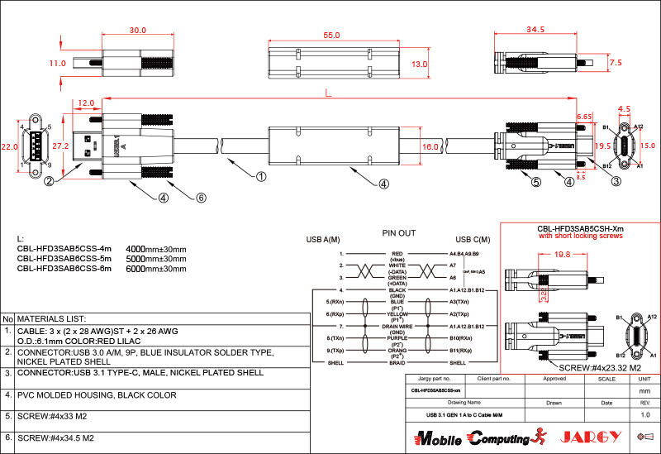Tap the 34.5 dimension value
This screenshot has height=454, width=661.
(x=535, y=30)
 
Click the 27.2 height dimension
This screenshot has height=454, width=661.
(x=60, y=146)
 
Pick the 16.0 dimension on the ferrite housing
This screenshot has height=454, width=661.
(x=430, y=146)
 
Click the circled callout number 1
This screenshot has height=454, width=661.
(x=261, y=176)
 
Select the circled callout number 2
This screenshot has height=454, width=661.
(x=50, y=181)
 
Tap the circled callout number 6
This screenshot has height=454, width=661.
(x=201, y=198)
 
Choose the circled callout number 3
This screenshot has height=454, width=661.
(x=616, y=183)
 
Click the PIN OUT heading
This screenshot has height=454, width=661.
(x=399, y=233)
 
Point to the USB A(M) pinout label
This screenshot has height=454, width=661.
(x=323, y=240)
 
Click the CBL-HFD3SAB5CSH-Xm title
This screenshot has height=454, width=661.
(x=580, y=228)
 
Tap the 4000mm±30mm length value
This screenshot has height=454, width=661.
(x=155, y=248)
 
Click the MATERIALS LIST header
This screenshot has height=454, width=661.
(x=52, y=318)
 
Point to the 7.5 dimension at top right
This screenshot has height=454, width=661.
(x=615, y=63)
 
